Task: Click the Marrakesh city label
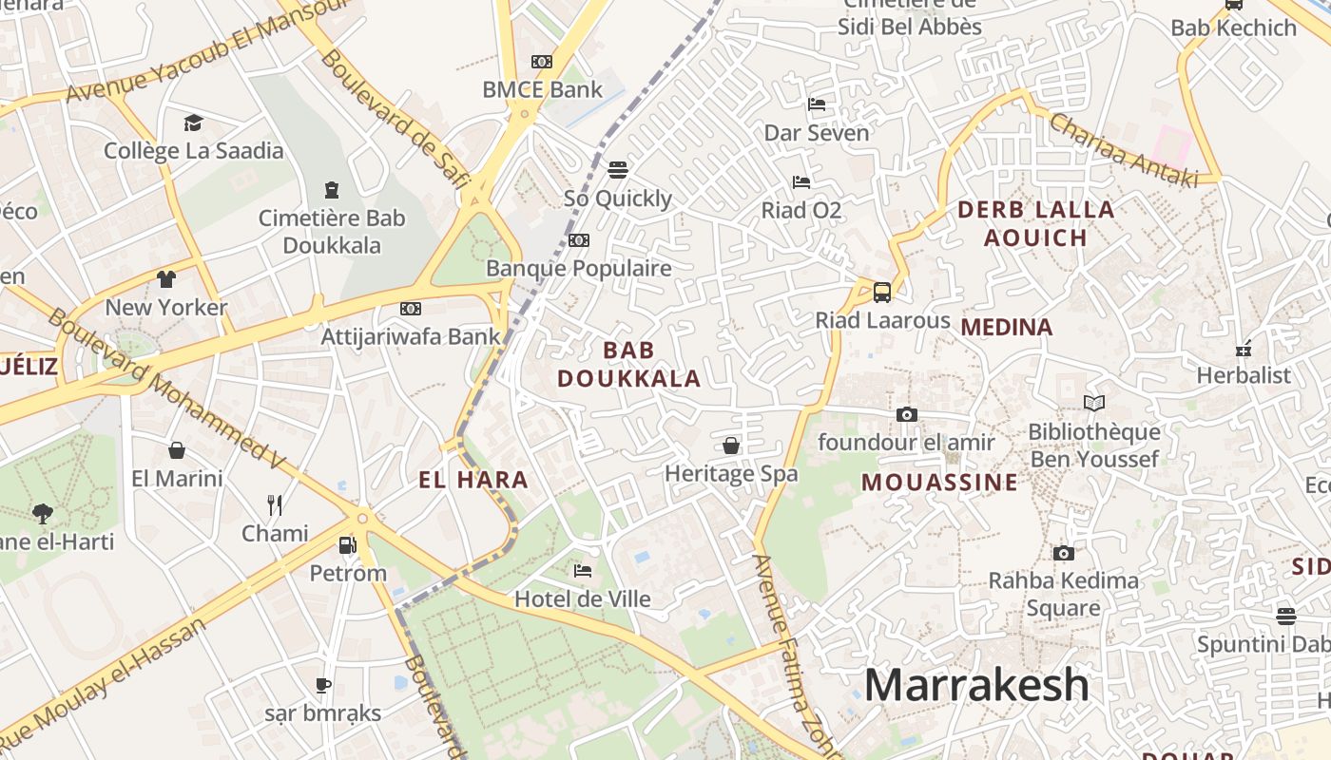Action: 976,685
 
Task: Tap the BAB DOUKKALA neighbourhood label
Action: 628,365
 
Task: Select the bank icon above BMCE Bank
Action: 542,62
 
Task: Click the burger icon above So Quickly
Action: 618,170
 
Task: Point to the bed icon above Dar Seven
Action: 817,104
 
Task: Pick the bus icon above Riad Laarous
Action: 882,292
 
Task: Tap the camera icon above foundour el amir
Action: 906,414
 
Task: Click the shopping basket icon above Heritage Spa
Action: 731,445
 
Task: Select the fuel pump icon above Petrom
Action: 348,545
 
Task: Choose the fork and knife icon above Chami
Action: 275,504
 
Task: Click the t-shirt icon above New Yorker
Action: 166,278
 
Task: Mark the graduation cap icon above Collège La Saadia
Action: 194,123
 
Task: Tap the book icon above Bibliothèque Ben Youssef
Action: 1094,404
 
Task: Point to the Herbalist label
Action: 1244,375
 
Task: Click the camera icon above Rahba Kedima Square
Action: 1064,553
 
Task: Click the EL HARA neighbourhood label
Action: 473,480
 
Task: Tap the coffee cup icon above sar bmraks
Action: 323,685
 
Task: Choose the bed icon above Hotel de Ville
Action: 583,571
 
